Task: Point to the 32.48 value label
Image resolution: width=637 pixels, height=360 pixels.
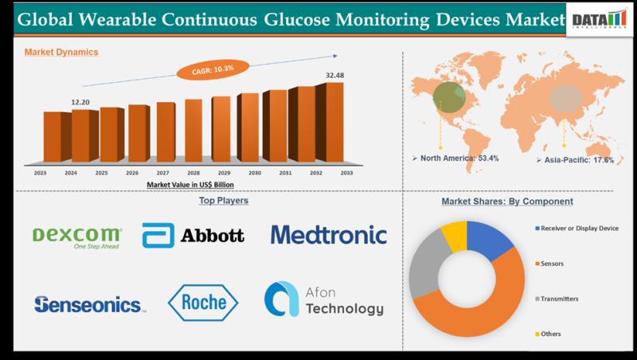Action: pyautogui.click(x=334, y=77)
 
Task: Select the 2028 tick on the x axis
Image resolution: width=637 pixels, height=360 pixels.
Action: pyautogui.click(x=194, y=171)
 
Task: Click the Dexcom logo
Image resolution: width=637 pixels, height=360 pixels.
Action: pyautogui.click(x=77, y=236)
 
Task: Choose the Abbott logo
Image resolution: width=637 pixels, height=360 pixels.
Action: pyautogui.click(x=193, y=236)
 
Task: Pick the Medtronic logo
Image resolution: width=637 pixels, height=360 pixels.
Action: pyautogui.click(x=328, y=235)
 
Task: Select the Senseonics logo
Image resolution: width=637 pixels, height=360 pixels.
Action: pyautogui.click(x=90, y=303)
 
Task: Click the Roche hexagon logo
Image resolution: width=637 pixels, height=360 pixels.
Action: pyautogui.click(x=203, y=303)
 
